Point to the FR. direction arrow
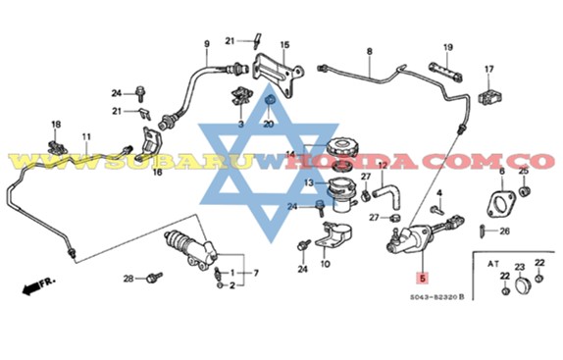36,287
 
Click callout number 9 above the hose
207,43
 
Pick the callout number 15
284,44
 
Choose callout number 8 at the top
370,51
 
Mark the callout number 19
447,46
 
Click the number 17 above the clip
488,69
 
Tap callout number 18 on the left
55,125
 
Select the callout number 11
86,136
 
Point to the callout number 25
523,171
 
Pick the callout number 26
505,232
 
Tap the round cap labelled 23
520,285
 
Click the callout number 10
326,264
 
